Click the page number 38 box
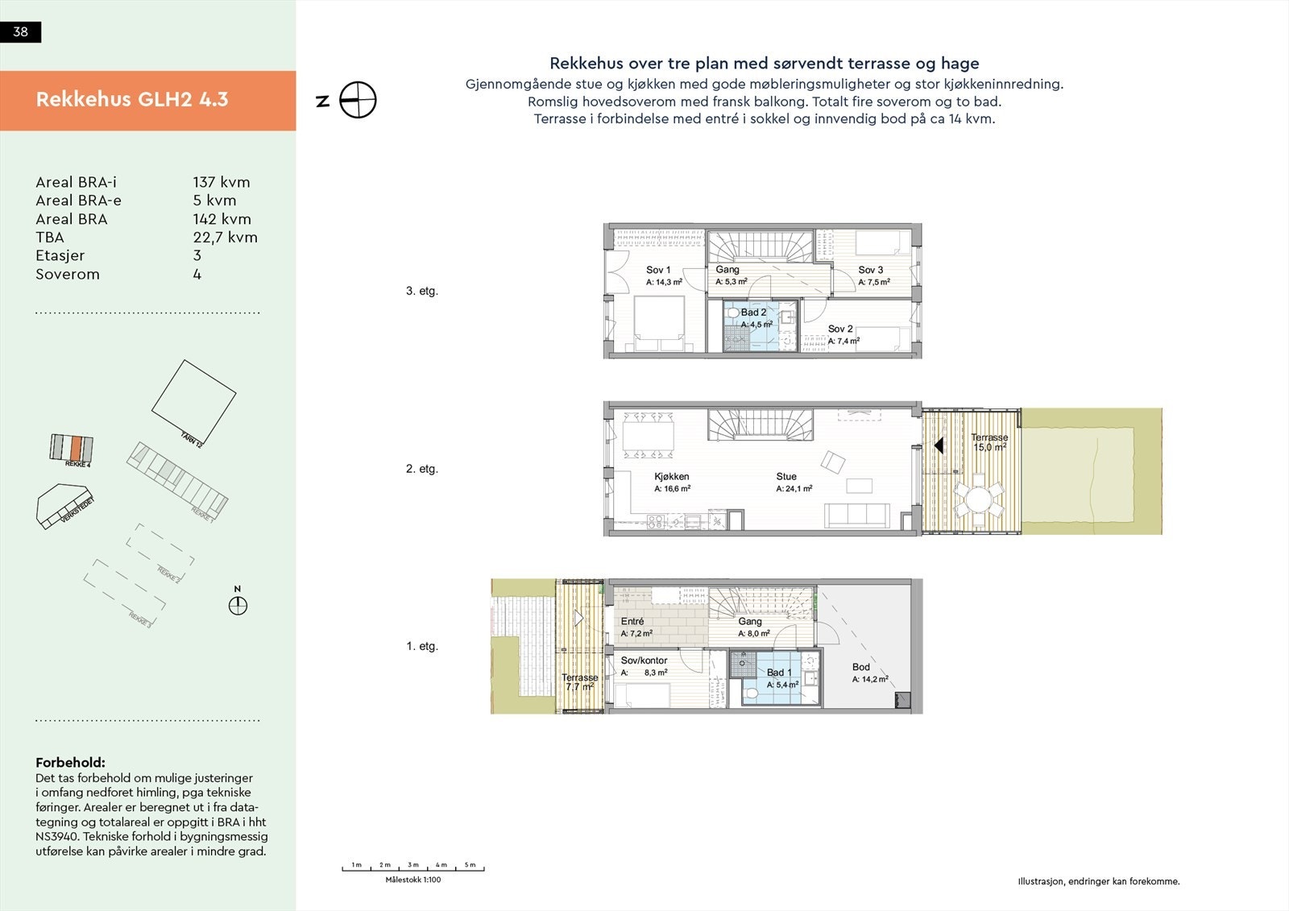[20, 32]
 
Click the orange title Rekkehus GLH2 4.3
[132, 100]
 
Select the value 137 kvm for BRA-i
[221, 183]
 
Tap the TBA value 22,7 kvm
[225, 238]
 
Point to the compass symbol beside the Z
[358, 101]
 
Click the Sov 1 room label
[657, 271]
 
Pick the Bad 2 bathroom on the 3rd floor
[754, 319]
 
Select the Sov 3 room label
[870, 271]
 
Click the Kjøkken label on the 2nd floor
[671, 477]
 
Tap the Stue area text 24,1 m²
[794, 489]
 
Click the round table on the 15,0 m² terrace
[980, 500]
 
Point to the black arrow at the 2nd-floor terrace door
[938, 445]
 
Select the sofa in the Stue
[856, 516]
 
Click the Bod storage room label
[860, 667]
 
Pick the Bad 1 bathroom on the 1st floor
[778, 673]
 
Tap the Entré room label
[632, 622]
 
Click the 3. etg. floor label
[421, 292]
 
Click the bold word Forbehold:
[70, 763]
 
